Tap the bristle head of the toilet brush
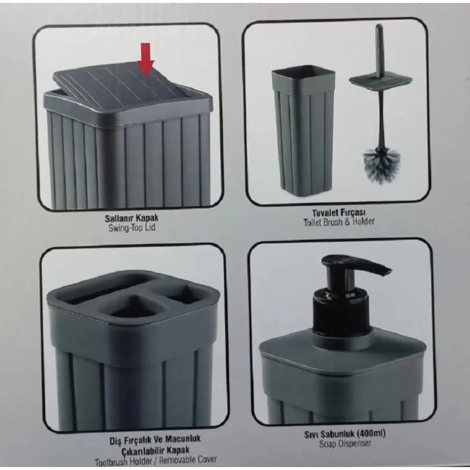click(381, 164)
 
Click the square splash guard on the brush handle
click(381, 79)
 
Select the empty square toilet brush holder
click(303, 130)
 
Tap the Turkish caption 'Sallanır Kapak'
click(132, 218)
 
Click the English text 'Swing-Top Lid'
click(132, 228)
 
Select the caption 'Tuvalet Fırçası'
click(339, 213)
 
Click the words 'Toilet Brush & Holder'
click(339, 222)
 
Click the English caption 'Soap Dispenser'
click(345, 444)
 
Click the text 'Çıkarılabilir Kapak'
click(155, 450)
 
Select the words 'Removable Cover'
click(187, 460)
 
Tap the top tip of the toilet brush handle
click(379, 25)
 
